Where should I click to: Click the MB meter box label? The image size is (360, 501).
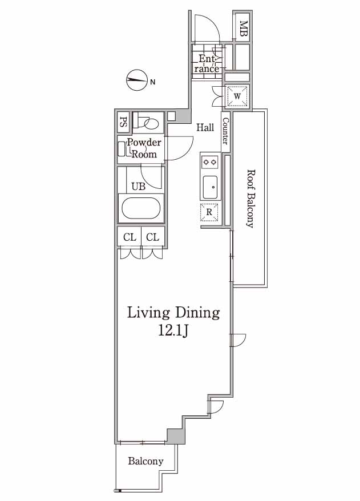244,29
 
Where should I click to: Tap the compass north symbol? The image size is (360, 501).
136,80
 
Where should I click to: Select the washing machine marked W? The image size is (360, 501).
237,96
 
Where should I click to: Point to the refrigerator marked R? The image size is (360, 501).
209,212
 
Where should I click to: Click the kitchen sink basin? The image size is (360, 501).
211,187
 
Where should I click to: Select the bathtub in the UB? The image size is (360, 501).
141,208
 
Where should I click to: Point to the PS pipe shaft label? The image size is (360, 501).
123,122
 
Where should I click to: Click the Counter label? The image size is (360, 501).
225,131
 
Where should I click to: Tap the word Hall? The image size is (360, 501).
205,127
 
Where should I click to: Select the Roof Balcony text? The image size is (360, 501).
250,199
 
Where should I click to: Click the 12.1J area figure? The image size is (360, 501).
173,332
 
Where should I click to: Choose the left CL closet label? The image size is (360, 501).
130,237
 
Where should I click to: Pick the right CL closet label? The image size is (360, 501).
152,237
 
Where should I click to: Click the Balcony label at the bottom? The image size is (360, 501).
145,461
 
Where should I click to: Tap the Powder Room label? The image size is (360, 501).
144,148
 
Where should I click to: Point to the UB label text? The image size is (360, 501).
138,187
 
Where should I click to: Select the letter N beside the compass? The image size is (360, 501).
153,82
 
